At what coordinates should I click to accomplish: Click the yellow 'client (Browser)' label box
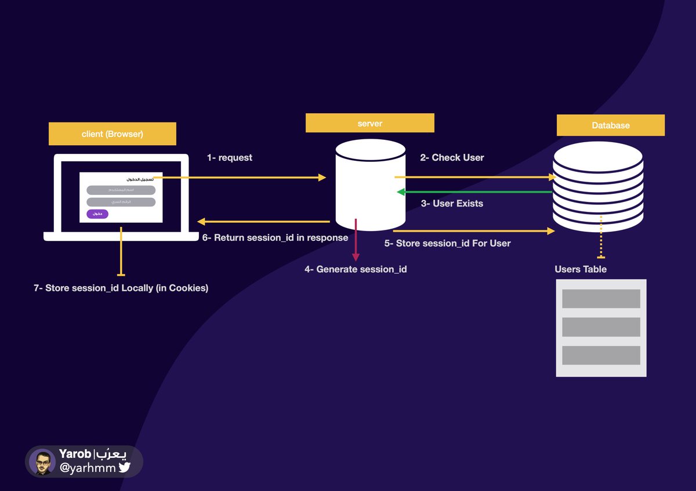tap(112, 134)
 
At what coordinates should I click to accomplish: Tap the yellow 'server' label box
tap(369, 123)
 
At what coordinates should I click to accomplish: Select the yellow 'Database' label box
tap(610, 125)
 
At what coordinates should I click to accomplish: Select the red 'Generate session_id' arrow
tap(356, 241)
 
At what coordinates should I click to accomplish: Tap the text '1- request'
tap(230, 158)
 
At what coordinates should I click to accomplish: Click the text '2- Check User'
tap(452, 157)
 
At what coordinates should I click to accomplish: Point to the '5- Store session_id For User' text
tap(447, 243)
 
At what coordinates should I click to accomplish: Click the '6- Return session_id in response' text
tap(275, 237)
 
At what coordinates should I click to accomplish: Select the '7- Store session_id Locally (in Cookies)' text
tap(121, 287)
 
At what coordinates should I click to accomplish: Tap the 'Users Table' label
tap(581, 269)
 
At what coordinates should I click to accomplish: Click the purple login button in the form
tap(97, 214)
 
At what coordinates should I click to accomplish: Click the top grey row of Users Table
tap(601, 298)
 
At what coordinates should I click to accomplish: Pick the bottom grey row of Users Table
tap(601, 355)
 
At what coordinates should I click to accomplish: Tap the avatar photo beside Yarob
tap(42, 462)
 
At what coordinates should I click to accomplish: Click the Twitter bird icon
tap(125, 467)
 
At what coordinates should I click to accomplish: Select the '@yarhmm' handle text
tap(88, 467)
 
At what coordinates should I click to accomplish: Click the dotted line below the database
tap(601, 237)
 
